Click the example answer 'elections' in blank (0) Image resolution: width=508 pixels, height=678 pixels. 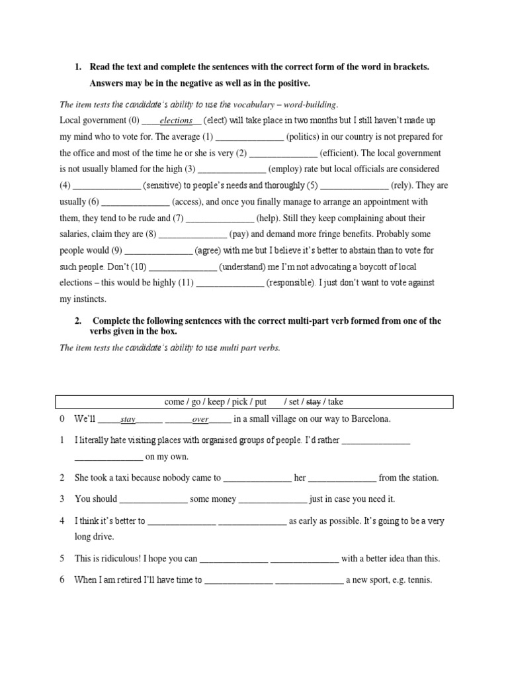click(x=176, y=121)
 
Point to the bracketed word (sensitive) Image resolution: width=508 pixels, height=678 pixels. click(x=166, y=186)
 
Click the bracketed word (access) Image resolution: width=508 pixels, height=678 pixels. click(x=188, y=202)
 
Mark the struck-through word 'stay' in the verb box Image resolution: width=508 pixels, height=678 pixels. click(x=314, y=402)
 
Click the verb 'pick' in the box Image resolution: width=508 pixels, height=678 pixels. click(x=237, y=402)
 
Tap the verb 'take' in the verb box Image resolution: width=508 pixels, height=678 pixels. click(x=335, y=402)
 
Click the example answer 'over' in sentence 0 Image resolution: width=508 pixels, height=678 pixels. click(x=200, y=420)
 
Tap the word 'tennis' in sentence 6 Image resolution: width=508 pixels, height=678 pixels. click(x=418, y=580)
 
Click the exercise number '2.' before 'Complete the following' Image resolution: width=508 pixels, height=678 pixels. click(x=78, y=321)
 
